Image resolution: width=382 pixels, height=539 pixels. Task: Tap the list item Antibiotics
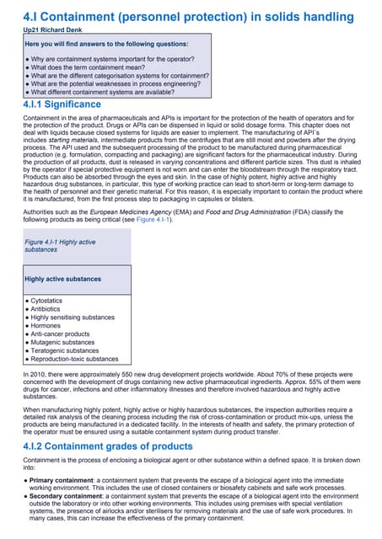point(50,309)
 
